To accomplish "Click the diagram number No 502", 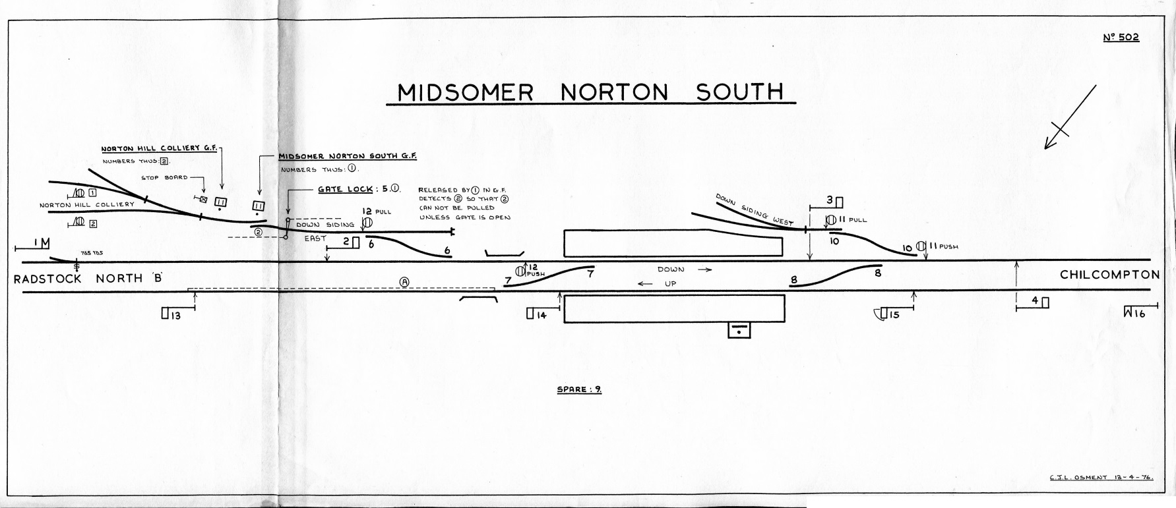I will (x=1121, y=38).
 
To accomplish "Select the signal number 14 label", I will (x=541, y=314).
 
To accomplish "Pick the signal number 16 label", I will (x=1139, y=314).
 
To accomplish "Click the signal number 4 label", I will (x=1035, y=300).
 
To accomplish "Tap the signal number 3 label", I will (x=830, y=200).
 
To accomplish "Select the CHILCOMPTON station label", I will (x=1109, y=275).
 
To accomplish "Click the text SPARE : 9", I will (x=579, y=389).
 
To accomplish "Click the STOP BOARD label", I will (x=164, y=177).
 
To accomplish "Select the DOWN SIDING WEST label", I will (x=754, y=210).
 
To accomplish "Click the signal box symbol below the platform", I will (x=739, y=329).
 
